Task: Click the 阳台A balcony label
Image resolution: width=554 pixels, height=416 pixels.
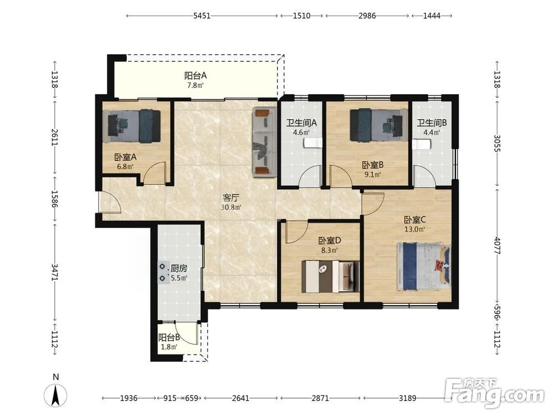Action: tap(196, 75)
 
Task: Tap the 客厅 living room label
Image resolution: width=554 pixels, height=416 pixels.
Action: tap(230, 197)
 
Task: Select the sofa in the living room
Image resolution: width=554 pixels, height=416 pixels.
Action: tap(264, 142)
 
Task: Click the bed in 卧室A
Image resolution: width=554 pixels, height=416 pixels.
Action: tap(134, 126)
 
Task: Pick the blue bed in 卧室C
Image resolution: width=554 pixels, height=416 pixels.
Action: tap(424, 267)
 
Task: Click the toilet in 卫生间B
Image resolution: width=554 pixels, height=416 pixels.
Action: tap(422, 144)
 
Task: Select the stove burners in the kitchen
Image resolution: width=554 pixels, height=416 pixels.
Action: tap(162, 272)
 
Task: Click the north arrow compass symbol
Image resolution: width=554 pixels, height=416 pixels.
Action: tap(55, 394)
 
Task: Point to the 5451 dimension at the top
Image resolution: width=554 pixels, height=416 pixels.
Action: tap(202, 16)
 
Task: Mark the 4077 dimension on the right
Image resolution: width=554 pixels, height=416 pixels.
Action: tap(497, 246)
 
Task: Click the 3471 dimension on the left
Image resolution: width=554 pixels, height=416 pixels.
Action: tap(54, 272)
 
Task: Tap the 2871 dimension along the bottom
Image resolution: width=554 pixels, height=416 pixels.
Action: tap(320, 398)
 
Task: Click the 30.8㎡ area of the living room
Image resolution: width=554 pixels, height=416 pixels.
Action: tap(231, 207)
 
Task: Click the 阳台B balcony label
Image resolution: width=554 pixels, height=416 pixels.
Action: tap(169, 337)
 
